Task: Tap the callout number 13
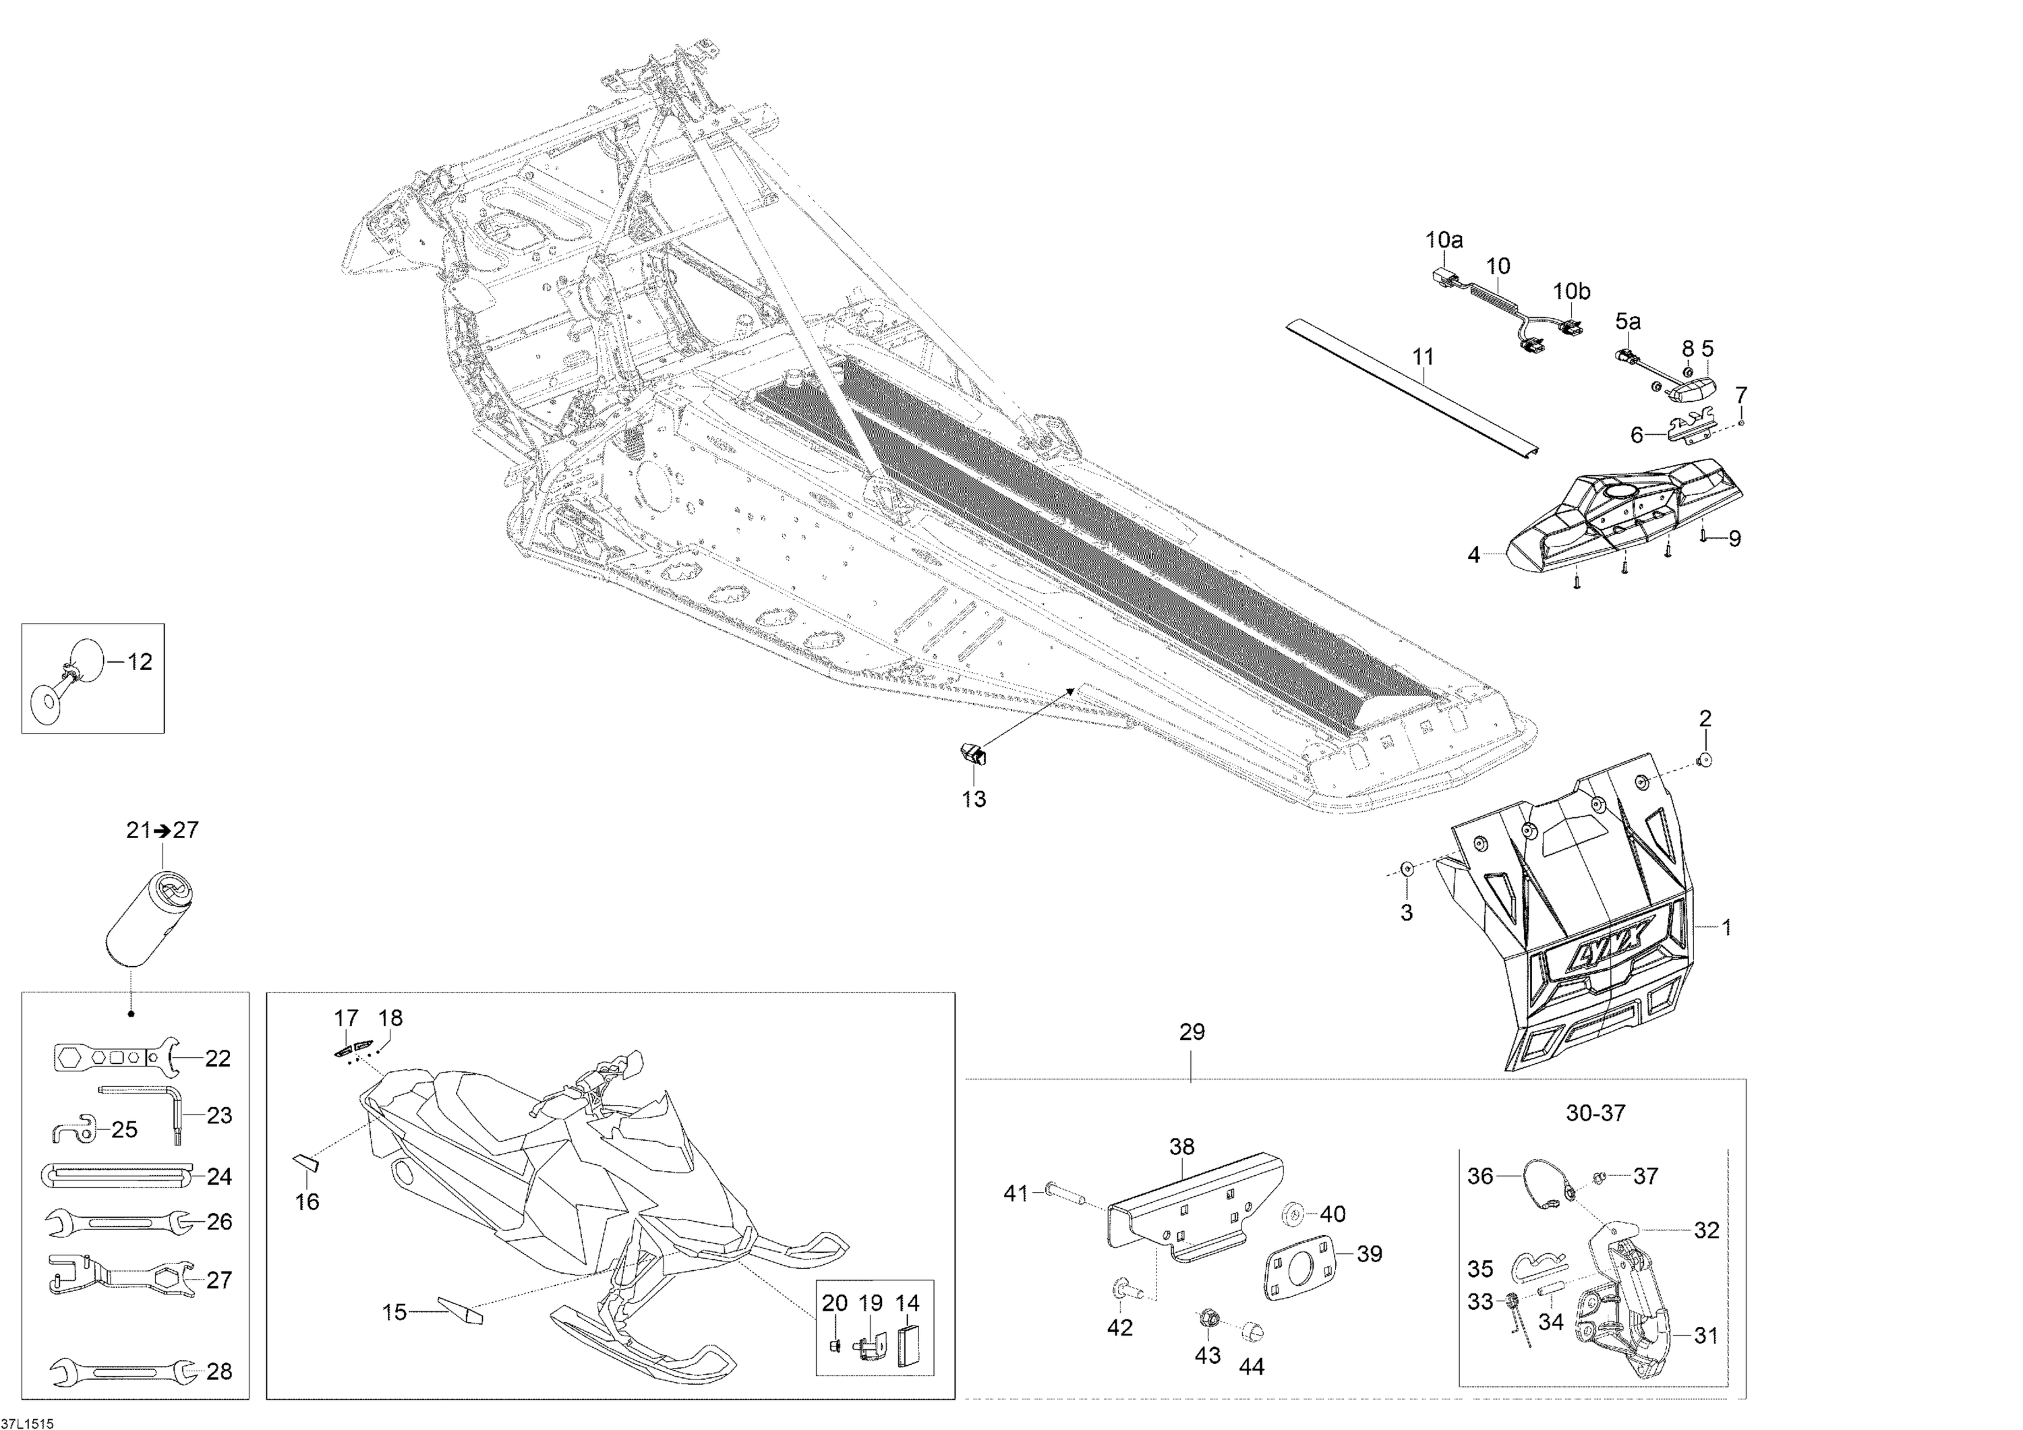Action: coord(974,799)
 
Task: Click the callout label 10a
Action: coord(1444,239)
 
